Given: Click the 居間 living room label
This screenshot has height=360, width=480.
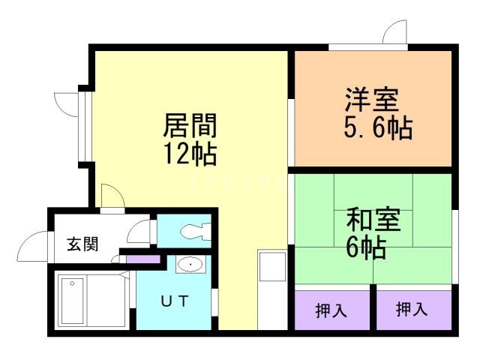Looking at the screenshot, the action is click(190, 125).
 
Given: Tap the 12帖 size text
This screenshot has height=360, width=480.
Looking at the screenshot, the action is click(190, 154).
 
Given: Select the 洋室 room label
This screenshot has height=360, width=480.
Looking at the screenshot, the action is click(372, 100).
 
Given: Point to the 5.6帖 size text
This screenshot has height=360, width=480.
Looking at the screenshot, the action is click(378, 128).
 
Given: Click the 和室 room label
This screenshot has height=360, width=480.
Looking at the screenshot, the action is click(373, 219).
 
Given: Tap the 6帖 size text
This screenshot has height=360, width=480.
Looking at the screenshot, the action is click(366, 247).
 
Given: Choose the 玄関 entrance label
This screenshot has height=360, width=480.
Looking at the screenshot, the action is click(82, 244).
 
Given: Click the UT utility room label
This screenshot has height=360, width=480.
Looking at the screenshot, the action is click(174, 301).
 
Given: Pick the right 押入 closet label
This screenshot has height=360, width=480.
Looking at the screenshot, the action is click(412, 309).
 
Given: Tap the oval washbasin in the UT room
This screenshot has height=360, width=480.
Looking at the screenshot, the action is click(190, 264).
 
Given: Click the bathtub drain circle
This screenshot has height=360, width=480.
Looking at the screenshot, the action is click(72, 283).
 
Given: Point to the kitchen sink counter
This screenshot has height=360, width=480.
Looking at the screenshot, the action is click(272, 289).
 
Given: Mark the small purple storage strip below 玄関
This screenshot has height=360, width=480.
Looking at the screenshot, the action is click(143, 259).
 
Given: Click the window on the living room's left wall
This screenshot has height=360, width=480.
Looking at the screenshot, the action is click(85, 126).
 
